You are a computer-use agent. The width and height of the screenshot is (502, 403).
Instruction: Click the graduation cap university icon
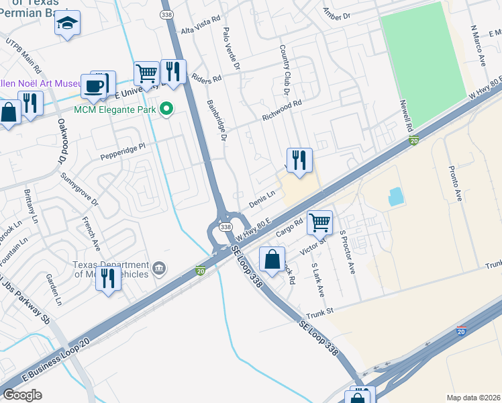tap(67, 24)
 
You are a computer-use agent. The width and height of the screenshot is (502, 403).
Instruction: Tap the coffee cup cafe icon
tap(94, 87)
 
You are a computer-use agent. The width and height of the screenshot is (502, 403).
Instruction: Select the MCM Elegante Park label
tap(113, 109)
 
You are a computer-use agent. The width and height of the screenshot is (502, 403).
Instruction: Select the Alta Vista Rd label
tap(201, 32)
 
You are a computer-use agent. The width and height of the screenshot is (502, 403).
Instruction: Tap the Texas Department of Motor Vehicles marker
tap(159, 269)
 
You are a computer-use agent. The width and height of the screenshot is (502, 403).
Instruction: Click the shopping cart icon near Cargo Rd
tap(320, 222)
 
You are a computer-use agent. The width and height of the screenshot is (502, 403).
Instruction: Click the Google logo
tap(22, 394)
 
